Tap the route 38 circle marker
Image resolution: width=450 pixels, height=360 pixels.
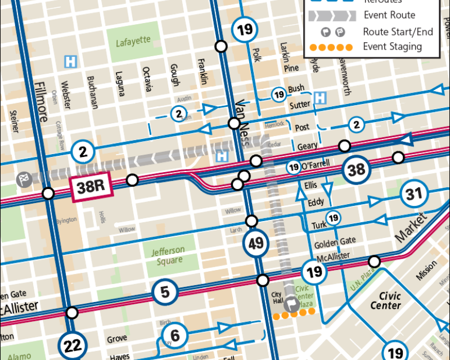click(357, 169)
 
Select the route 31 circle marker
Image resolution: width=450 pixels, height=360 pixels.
click(414, 195)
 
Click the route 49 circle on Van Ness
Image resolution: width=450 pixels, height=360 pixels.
click(256, 244)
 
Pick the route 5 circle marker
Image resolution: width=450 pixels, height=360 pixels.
click(165, 292)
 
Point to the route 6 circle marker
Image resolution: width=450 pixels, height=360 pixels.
click(175, 336)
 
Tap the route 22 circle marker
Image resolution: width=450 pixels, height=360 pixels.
click(73, 345)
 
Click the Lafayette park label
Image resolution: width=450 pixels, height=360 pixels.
click(133, 42)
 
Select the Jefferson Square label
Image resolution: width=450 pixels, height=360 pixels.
click(168, 255)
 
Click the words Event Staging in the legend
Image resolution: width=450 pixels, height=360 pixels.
click(392, 47)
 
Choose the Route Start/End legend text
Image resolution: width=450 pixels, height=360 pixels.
click(398, 31)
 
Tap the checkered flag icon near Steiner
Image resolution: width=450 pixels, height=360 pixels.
click(24, 178)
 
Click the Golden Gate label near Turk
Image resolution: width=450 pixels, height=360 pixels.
click(335, 242)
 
